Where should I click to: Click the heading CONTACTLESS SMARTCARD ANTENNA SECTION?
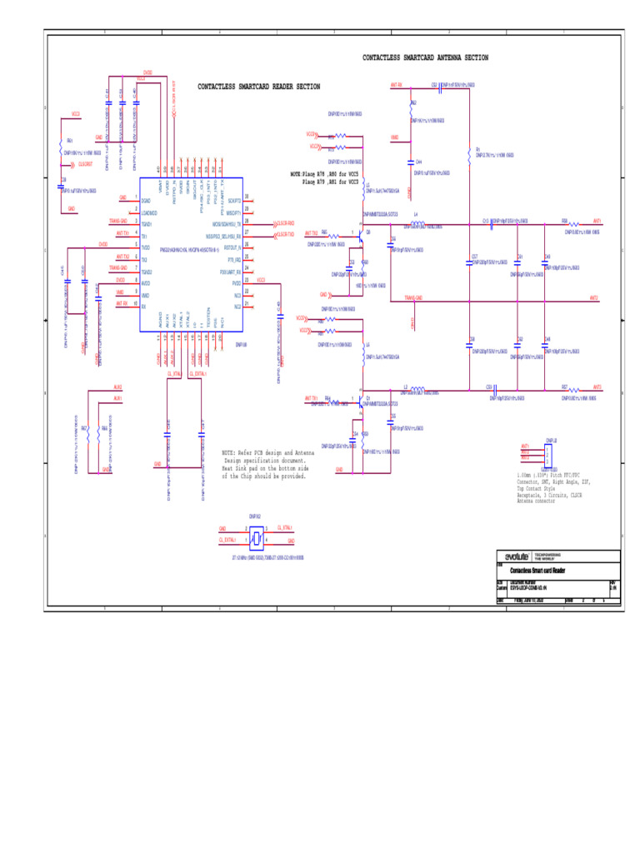pos(425,58)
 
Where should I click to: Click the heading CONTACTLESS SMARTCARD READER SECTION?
pos(258,87)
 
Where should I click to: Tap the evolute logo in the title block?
pos(517,556)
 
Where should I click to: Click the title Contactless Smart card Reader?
pos(537,570)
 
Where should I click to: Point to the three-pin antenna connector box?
pos(549,456)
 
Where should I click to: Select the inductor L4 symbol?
pos(416,222)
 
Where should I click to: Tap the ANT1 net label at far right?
pos(597,222)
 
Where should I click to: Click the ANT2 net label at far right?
pos(594,297)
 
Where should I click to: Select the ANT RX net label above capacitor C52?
pos(396,85)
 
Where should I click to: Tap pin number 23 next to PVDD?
pos(247,281)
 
